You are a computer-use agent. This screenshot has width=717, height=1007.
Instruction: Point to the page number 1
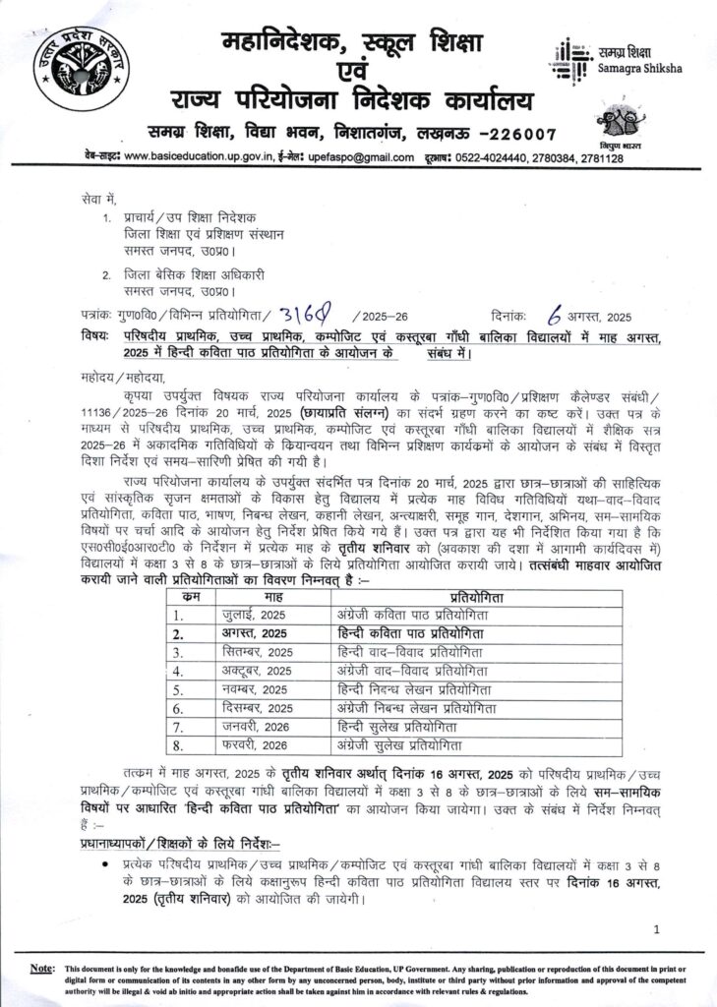tap(655, 928)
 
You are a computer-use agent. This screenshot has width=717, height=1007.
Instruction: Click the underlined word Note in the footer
tap(41, 968)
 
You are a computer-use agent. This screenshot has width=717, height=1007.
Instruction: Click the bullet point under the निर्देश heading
tap(104, 862)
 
